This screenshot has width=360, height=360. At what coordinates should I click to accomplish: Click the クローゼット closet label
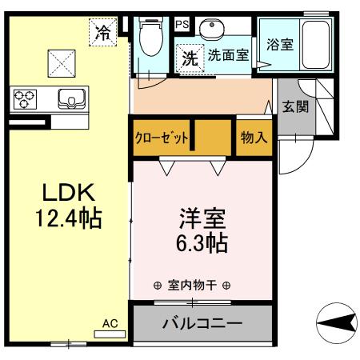(x=161, y=137)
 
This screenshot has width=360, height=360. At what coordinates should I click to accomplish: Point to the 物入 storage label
(x=254, y=137)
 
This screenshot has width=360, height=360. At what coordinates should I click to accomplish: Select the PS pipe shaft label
(x=182, y=25)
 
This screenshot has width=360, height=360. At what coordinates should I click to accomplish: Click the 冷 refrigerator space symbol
(x=102, y=33)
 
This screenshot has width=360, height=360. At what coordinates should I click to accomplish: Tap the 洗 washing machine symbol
(x=189, y=58)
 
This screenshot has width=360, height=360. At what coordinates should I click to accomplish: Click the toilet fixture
(x=150, y=40)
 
